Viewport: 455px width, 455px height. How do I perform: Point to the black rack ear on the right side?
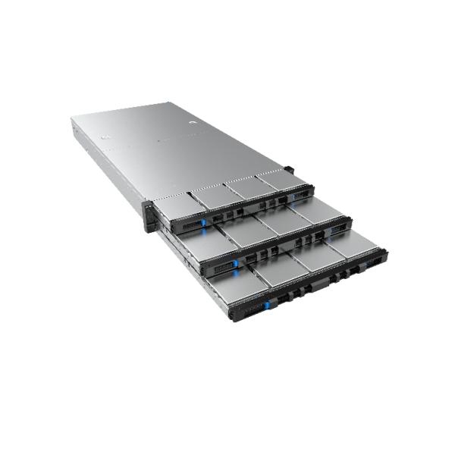[x=289, y=171]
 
